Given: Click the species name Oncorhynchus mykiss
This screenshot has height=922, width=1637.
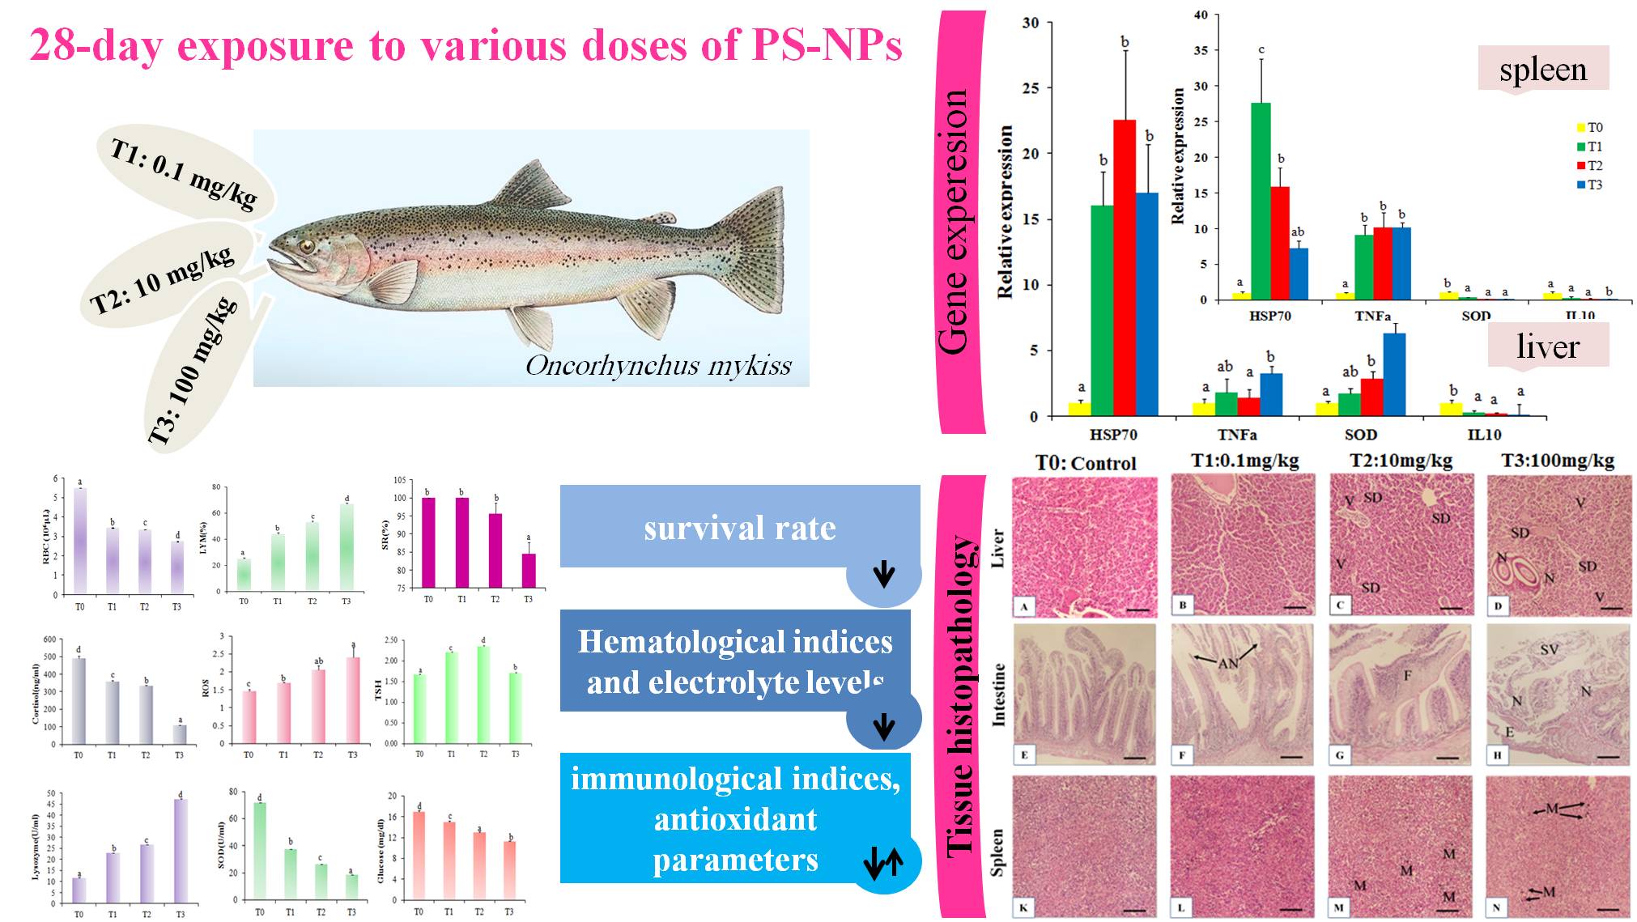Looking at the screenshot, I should (658, 366).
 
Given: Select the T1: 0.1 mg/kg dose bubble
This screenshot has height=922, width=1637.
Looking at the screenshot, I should (185, 174).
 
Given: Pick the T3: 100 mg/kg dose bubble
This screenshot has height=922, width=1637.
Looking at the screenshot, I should (194, 372).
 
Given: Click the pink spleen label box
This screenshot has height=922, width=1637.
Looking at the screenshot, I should (1543, 70).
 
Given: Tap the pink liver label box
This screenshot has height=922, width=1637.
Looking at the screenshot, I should (1548, 346).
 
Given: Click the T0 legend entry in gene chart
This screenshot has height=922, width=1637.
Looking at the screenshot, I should (1589, 128).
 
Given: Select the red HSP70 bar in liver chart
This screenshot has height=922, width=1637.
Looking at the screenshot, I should (1125, 267).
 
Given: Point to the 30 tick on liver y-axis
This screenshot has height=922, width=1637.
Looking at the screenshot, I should (1031, 23).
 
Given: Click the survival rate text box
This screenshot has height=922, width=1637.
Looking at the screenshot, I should (740, 528).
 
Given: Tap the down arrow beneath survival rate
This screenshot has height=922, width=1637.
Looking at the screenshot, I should (884, 575).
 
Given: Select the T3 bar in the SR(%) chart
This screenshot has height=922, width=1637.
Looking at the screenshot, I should (529, 570).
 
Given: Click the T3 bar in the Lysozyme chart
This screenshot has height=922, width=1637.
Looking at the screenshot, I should (181, 850).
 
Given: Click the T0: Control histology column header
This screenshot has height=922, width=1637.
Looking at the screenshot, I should (1086, 463).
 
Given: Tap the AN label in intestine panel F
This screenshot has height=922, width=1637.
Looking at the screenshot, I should (1227, 663).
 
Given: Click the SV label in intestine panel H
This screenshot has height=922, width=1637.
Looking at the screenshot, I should (1549, 649).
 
